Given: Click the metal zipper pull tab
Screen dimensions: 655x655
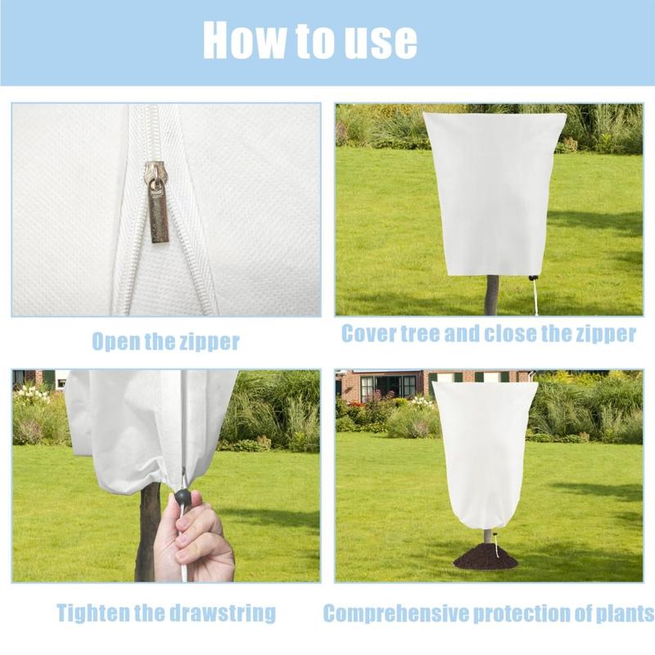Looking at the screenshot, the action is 158,208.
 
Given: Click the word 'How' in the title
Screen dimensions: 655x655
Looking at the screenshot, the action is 245,39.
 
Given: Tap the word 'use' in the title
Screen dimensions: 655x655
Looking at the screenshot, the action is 381,42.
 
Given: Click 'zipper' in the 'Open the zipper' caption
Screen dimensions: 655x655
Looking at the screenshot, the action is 210,342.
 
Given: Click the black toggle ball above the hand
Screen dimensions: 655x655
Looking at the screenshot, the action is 182,497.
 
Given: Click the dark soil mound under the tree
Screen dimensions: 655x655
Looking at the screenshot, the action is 486,557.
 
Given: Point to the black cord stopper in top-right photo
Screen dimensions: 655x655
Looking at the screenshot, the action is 532,278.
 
